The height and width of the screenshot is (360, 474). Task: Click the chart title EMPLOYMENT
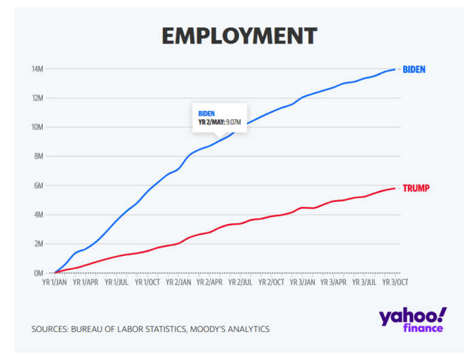pos(239,35)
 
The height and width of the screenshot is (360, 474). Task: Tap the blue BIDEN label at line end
pos(414,69)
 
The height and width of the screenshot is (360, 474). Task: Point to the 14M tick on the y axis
pos(36,69)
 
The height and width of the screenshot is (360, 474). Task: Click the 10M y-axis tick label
pos(36,127)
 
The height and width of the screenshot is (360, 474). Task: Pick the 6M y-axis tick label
pos(37,186)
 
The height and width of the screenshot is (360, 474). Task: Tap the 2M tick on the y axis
pos(37,244)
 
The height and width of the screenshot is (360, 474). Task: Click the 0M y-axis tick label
pos(37,273)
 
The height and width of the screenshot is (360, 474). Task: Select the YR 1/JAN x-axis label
pos(55,281)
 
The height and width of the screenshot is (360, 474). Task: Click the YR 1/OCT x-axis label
pos(146,281)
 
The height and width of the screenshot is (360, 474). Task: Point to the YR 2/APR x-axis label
pos(210,281)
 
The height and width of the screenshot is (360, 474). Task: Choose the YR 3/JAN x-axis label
pos(302,281)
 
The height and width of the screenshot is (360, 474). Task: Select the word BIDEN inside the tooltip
pos(206,113)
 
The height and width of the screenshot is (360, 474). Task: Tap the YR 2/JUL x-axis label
pos(241,281)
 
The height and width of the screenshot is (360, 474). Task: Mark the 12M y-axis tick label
pos(36,98)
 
